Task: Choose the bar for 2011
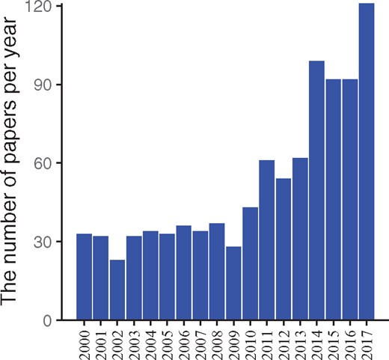pyautogui.click(x=266, y=240)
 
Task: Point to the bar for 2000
pyautogui.click(x=84, y=277)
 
